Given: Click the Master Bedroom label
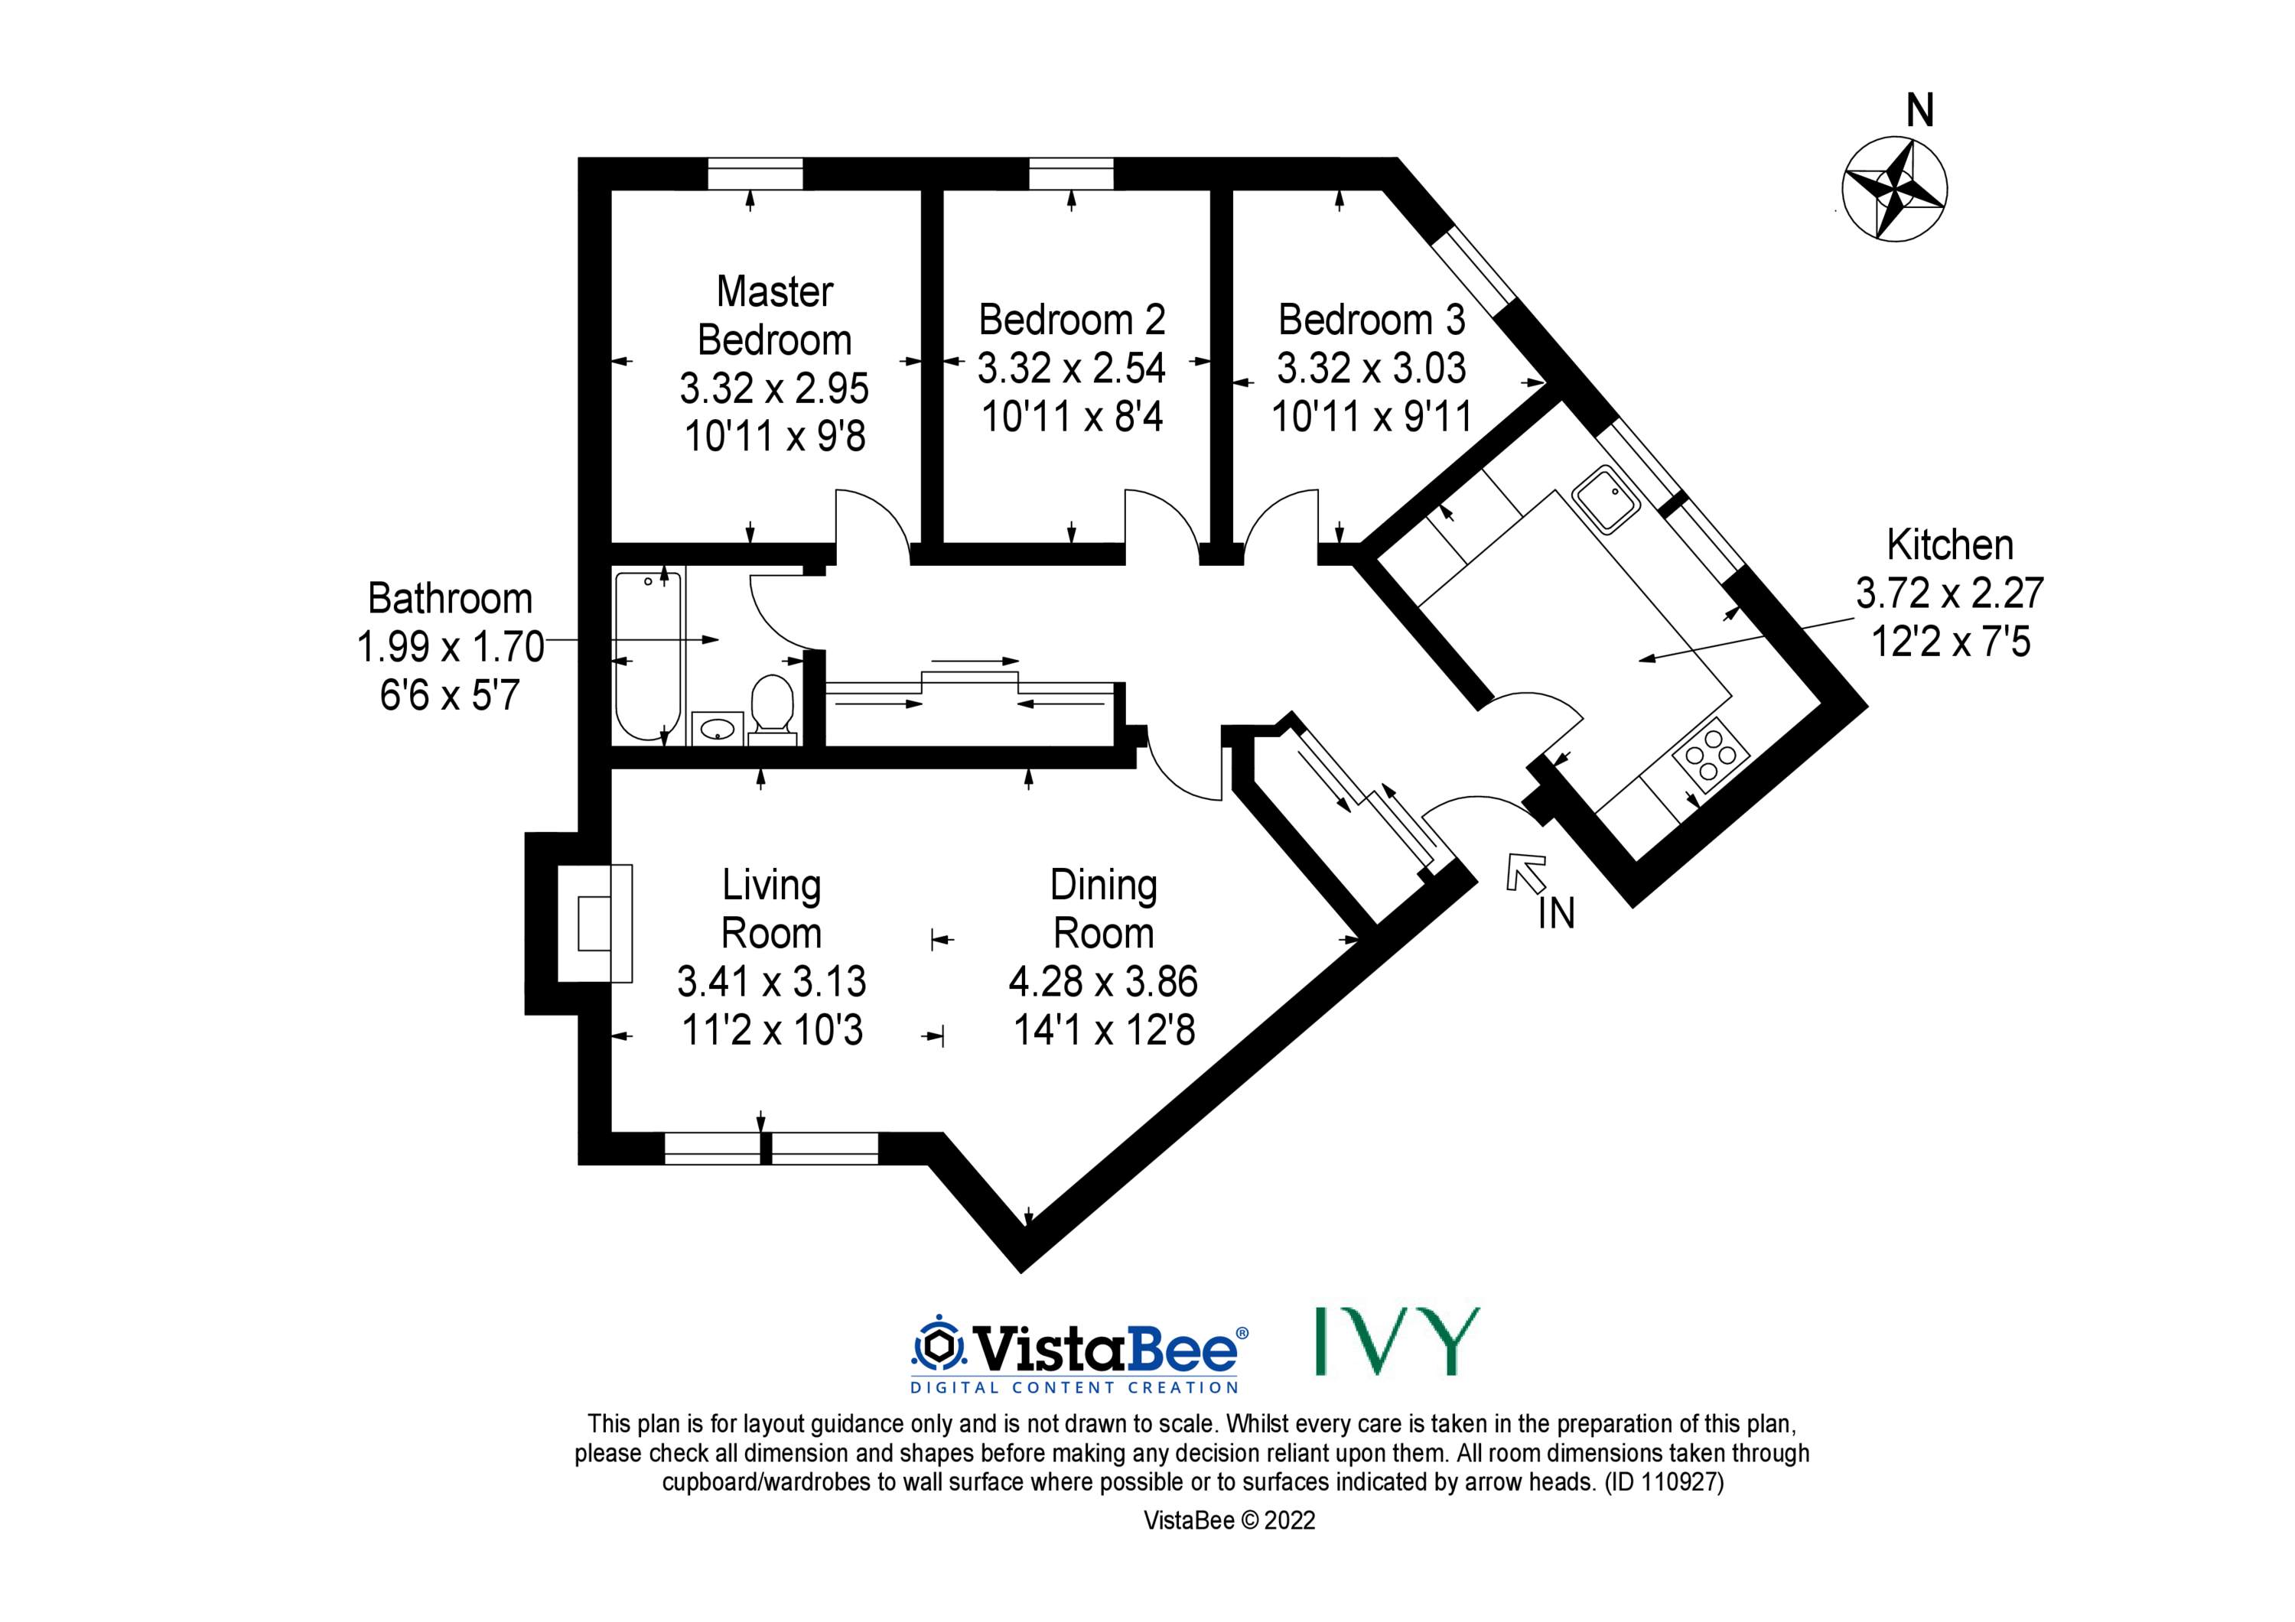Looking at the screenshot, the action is pyautogui.click(x=775, y=316).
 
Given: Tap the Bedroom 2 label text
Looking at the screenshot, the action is pyautogui.click(x=1072, y=320).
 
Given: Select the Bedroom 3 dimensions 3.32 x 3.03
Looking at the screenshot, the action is pyautogui.click(x=1372, y=368).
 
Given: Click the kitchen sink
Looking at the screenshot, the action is pyautogui.click(x=1604, y=499).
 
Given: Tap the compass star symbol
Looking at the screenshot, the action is pyautogui.click(x=1893, y=189).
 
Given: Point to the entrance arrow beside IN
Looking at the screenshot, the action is pyautogui.click(x=1525, y=873).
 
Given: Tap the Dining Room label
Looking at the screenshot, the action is pyautogui.click(x=1104, y=909).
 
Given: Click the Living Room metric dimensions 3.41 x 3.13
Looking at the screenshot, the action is pyautogui.click(x=772, y=981).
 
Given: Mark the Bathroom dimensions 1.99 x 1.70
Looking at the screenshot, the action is pyautogui.click(x=450, y=647).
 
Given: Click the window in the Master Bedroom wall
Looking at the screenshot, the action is pyautogui.click(x=754, y=174).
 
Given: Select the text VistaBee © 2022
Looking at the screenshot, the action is pyautogui.click(x=1229, y=1520).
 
